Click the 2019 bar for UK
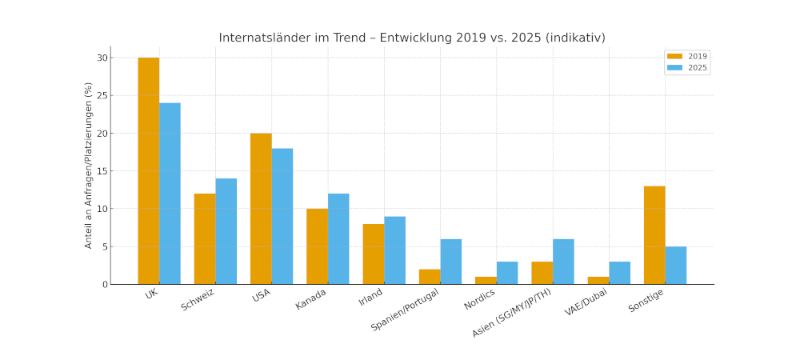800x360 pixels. point(148,170)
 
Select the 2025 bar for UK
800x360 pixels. point(170,194)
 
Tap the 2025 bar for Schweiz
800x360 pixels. point(226,231)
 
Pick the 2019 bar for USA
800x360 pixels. point(261,209)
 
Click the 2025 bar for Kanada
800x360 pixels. point(338,238)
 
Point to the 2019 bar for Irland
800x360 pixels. point(373,254)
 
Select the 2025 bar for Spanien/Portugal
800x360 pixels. point(450,262)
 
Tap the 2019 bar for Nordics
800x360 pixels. point(486,280)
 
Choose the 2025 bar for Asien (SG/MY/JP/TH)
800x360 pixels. point(563,262)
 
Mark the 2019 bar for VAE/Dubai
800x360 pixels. point(598,280)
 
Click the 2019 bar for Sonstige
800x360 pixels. point(654,235)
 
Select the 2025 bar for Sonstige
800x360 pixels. point(676,265)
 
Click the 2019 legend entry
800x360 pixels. point(687,57)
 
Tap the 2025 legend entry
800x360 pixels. point(687,68)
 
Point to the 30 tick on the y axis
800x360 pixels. point(102,58)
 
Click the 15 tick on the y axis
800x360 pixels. point(102,171)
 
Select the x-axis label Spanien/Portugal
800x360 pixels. point(405,310)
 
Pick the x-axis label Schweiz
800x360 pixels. point(198,300)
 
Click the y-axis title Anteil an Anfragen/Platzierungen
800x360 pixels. point(89,165)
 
